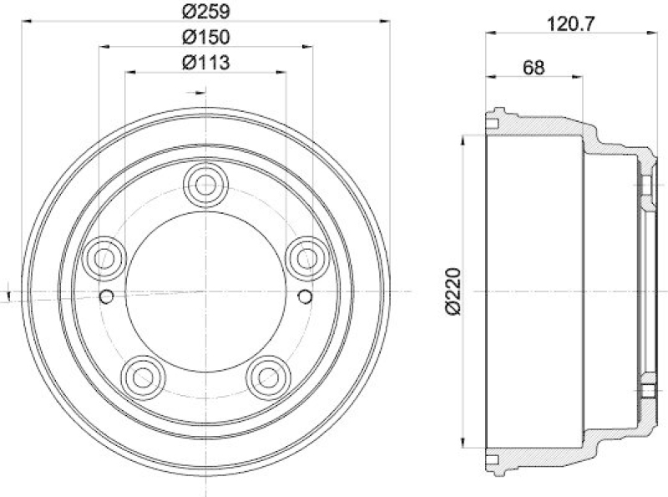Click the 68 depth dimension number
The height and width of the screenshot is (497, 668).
coord(534,68)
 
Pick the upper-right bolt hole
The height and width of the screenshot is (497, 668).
coord(305,256)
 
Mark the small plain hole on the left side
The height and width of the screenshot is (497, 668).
coord(106,297)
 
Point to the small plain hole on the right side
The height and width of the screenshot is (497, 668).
coord(305,297)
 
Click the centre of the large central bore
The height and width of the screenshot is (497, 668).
coord(205,291)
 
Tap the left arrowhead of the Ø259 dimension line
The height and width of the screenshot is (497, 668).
coord(24,20)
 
